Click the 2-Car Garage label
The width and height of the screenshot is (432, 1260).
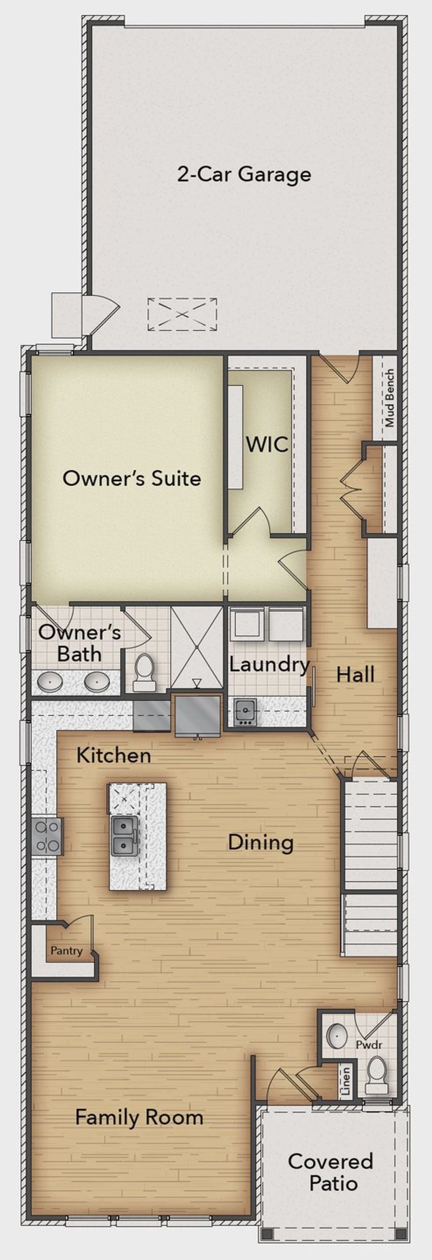244,175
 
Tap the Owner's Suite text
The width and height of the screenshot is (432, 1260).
132,479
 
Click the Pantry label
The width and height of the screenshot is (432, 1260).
66,950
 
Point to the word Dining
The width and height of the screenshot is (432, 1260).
261,842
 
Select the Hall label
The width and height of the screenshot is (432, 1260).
356,675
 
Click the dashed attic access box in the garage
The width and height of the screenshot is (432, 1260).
182,314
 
